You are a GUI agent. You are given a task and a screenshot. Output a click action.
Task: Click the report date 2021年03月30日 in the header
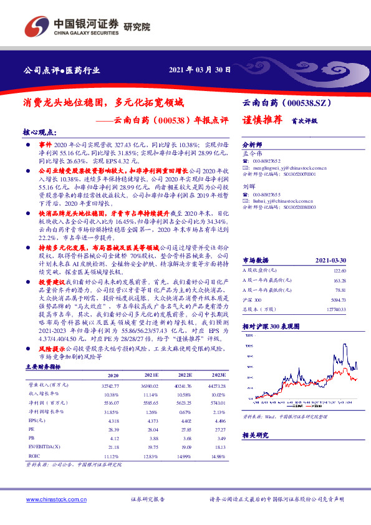tap(201, 70)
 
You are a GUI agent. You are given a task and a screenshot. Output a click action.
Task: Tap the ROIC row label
tap(34, 457)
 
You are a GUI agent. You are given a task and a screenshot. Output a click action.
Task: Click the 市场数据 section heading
tap(255, 259)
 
